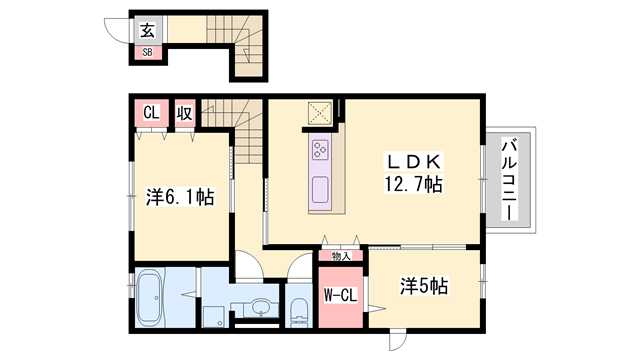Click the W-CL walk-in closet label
pos(340,295)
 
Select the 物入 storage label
pos(341,257)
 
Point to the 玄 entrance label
pos(147,32)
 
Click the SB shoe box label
pos(147,51)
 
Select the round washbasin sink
pos(261,307)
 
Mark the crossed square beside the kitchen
pos(321,113)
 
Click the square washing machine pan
pos(212,314)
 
